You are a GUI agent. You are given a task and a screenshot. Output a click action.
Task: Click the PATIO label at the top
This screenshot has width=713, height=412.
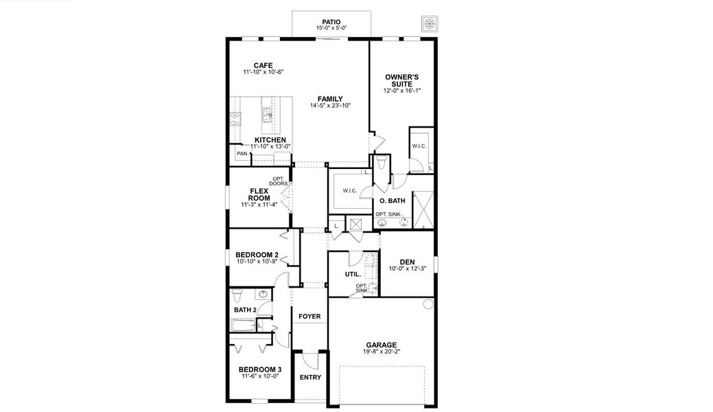pyautogui.click(x=332, y=21)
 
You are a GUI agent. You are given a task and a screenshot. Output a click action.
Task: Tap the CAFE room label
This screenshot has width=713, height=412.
pyautogui.click(x=263, y=65)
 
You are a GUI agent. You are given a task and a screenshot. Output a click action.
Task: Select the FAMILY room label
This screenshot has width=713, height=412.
pyautogui.click(x=329, y=98)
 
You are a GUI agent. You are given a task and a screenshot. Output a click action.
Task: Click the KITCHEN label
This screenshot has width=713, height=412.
pyautogui.click(x=270, y=139)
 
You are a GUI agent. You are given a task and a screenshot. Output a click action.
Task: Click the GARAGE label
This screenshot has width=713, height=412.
pyautogui.click(x=381, y=345)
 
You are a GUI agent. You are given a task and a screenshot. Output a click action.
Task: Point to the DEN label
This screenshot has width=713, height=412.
pyautogui.click(x=408, y=261)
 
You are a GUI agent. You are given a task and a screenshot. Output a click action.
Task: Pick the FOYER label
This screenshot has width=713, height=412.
pyautogui.click(x=309, y=317)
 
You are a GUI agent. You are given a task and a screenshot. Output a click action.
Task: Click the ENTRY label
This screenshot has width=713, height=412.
pyautogui.click(x=310, y=377)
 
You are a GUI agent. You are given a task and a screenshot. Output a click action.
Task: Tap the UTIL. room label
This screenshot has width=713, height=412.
pyautogui.click(x=353, y=275)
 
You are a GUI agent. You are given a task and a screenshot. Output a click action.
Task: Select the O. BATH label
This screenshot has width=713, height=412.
pyautogui.click(x=392, y=201)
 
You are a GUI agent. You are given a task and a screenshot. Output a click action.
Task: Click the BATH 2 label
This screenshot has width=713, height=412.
pyautogui.click(x=245, y=310)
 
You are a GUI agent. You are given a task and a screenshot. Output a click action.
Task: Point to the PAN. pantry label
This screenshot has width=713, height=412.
pyautogui.click(x=242, y=154)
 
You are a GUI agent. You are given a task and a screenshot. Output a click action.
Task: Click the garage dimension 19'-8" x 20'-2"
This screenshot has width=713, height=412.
pyautogui.click(x=381, y=352)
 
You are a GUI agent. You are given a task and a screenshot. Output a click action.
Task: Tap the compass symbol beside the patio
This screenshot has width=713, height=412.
pyautogui.click(x=430, y=23)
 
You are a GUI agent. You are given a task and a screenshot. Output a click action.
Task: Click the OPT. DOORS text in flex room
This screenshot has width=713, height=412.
pyautogui.click(x=279, y=182)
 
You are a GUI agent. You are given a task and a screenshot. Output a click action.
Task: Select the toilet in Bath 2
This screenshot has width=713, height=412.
pyautogui.click(x=237, y=297)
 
